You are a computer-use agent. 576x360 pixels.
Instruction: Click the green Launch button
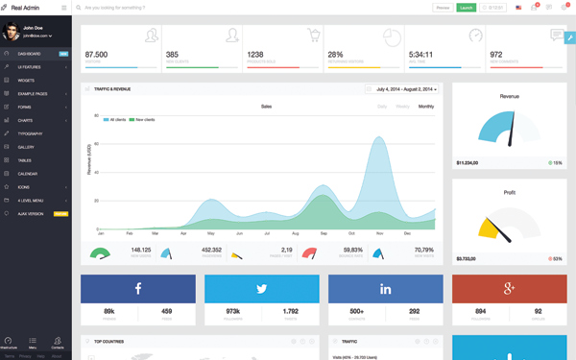(x=466, y=8)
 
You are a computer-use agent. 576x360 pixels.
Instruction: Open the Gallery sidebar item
(x=26, y=147)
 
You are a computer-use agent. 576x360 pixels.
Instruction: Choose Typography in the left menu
(x=30, y=133)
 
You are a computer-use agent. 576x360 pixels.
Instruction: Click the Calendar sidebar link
(x=28, y=174)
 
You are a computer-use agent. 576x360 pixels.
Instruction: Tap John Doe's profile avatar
(x=11, y=33)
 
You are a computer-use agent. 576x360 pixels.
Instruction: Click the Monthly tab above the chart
(x=425, y=107)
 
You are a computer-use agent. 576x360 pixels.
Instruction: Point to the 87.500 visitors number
(x=96, y=55)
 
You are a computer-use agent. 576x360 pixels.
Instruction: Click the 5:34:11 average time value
(x=421, y=55)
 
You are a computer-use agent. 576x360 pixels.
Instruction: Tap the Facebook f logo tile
(x=138, y=289)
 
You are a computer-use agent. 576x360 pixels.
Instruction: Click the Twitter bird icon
(x=261, y=289)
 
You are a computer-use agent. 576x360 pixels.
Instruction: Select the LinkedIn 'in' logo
(x=385, y=289)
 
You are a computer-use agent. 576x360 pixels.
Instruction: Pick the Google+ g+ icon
(x=509, y=289)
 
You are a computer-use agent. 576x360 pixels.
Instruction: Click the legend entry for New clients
(x=144, y=120)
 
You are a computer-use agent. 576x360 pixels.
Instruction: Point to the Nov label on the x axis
(x=379, y=233)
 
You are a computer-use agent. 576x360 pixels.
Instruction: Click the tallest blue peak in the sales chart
(x=380, y=139)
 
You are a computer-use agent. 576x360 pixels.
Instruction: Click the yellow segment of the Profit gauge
(x=491, y=228)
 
